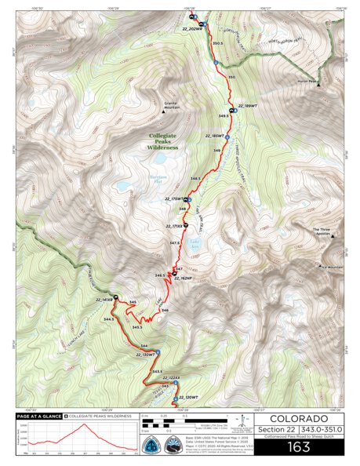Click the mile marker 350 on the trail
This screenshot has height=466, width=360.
(231, 77)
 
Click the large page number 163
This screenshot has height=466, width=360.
(299, 447)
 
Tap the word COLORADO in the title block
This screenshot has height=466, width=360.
(299, 419)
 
